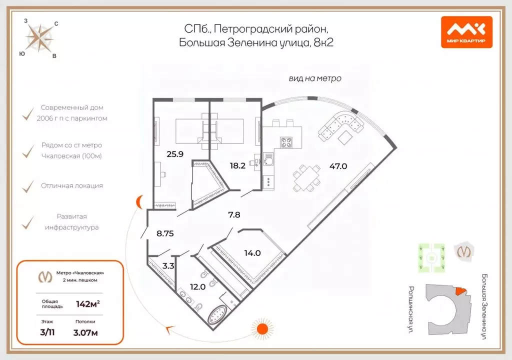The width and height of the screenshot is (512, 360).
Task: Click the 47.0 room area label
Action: click(x=338, y=166)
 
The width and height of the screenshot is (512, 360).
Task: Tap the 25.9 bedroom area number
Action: click(x=175, y=154)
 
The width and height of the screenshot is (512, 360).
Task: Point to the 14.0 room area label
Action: click(x=252, y=253)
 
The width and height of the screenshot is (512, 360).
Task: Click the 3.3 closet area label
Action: click(x=168, y=266)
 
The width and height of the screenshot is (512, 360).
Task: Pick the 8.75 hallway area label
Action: click(x=164, y=233)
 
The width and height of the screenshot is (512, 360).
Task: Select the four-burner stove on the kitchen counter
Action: click(x=286, y=143)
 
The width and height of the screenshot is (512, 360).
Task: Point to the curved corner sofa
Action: click(x=342, y=125)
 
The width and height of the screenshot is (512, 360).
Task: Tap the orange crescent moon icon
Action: click(x=140, y=202)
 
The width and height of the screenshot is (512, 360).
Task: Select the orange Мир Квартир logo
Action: click(x=466, y=32)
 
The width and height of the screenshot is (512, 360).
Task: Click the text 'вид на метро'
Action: click(x=315, y=78)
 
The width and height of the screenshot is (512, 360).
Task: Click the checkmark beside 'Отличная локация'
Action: click(x=27, y=186)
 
